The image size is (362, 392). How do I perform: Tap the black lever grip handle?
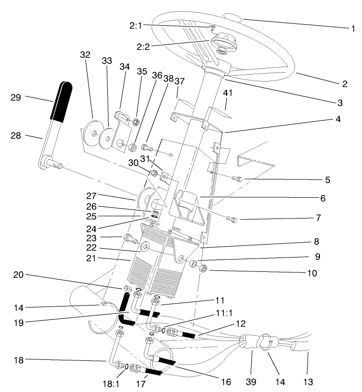pos(61,101)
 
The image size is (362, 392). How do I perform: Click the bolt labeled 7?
pos(232,218)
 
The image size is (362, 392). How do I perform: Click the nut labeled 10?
pos(203,269)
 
